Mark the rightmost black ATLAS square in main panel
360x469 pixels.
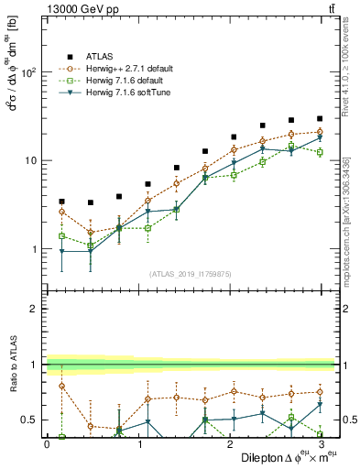(320, 118)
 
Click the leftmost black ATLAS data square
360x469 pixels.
(61, 201)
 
